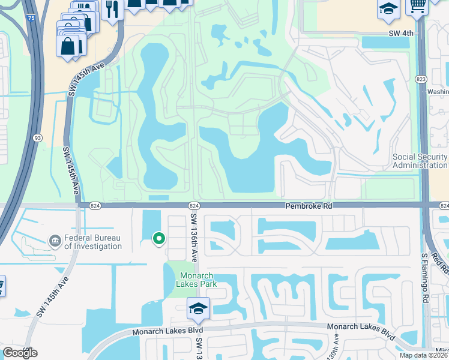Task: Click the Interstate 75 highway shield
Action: [31, 19]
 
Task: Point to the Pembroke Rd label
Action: [308, 206]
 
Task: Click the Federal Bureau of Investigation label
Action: [92, 242]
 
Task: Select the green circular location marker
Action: [159, 239]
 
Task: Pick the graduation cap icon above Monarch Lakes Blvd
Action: [198, 308]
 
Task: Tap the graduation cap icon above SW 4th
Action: [388, 9]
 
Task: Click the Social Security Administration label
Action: [420, 161]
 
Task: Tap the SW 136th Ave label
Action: [194, 238]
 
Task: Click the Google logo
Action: [20, 353]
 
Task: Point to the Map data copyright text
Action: [423, 355]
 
